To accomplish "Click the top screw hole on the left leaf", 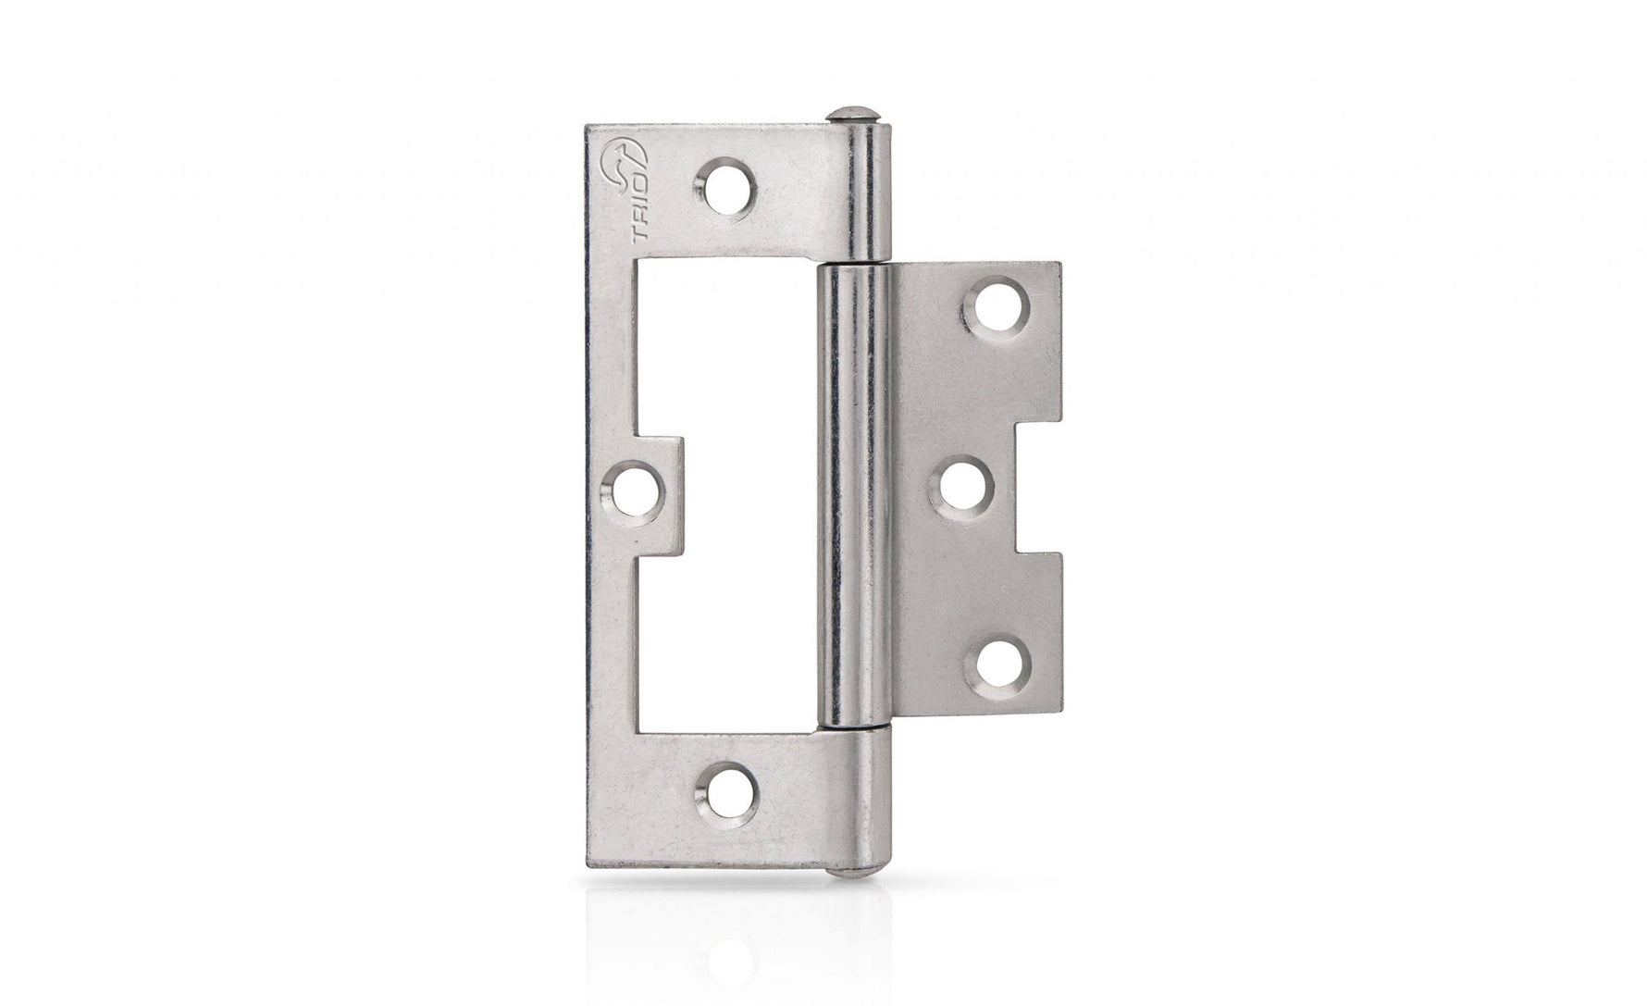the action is pyautogui.click(x=723, y=182).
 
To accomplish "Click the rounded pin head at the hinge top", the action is pyautogui.click(x=852, y=118).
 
